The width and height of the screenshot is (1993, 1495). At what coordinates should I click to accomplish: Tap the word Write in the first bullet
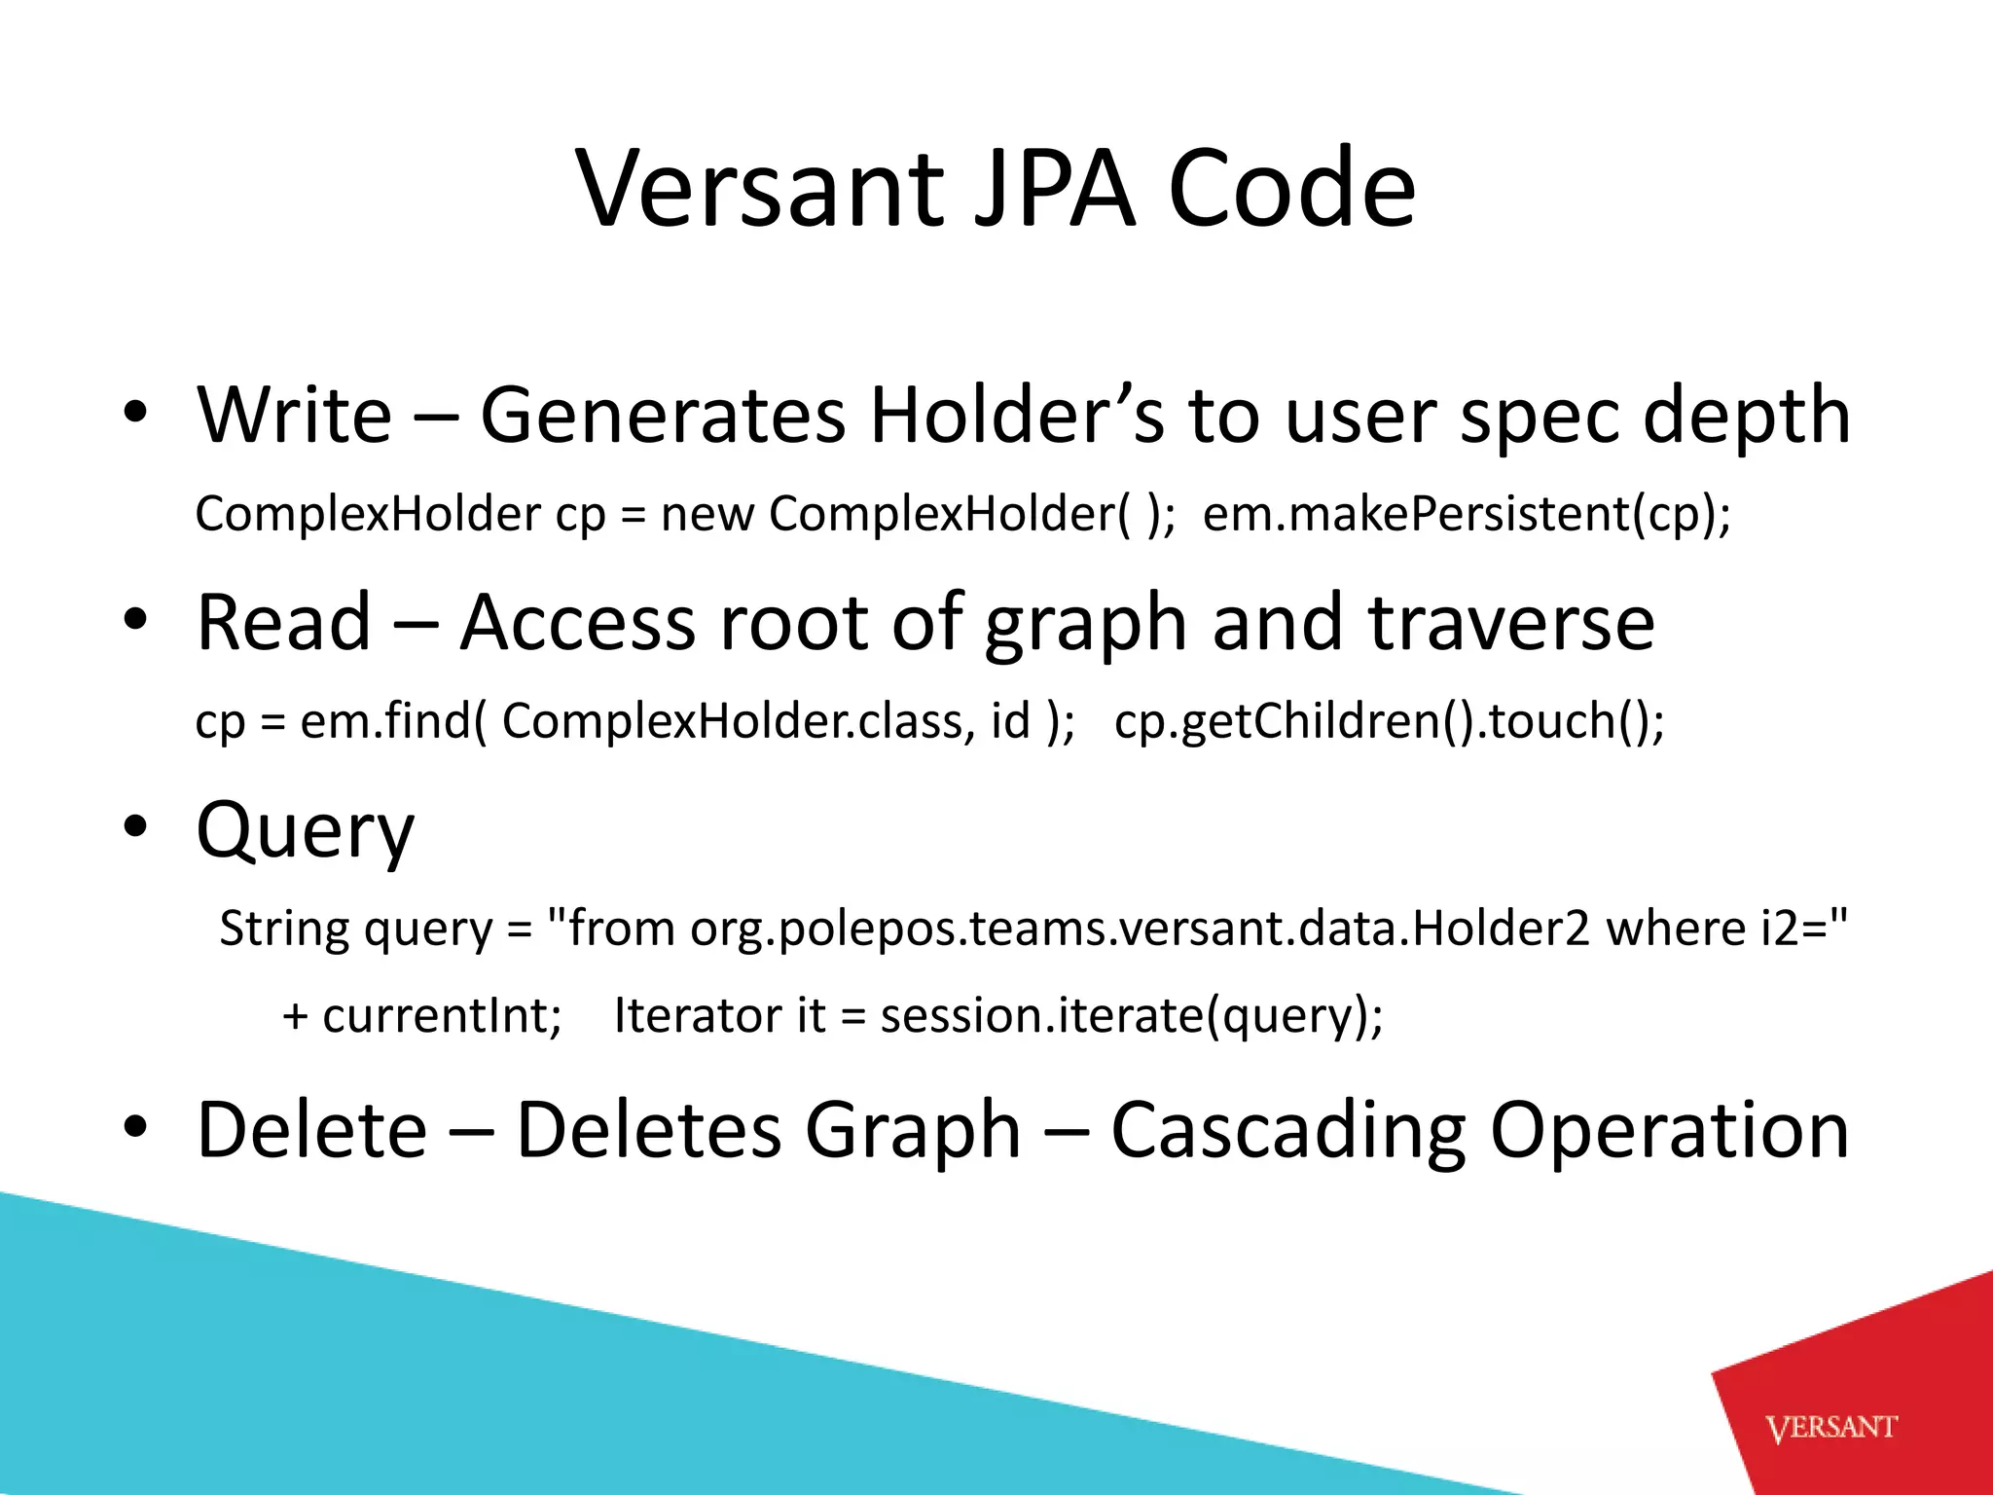click(x=294, y=415)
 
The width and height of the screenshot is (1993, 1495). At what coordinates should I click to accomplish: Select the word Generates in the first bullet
click(x=662, y=415)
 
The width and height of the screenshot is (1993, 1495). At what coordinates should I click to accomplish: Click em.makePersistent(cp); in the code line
click(x=1467, y=514)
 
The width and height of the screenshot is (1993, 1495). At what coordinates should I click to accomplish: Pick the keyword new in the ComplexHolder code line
click(x=707, y=514)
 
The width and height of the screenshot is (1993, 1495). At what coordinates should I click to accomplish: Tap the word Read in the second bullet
click(x=283, y=622)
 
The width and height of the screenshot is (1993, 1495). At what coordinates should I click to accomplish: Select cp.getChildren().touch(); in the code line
click(x=1389, y=721)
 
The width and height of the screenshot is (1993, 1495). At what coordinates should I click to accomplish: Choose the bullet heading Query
click(x=305, y=830)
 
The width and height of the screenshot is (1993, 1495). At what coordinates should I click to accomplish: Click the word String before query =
click(x=284, y=928)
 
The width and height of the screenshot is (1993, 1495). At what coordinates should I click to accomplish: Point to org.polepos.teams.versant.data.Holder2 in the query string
click(x=1140, y=928)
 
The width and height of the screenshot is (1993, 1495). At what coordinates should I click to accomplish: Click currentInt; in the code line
click(x=442, y=1015)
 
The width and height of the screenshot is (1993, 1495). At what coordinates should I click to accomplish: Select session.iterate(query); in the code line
click(x=1131, y=1015)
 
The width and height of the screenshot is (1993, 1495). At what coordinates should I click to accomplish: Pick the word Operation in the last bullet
click(x=1669, y=1130)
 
